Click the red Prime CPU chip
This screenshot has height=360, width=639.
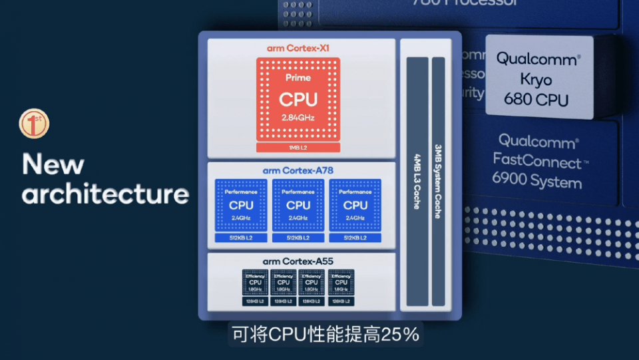pyautogui.click(x=298, y=98)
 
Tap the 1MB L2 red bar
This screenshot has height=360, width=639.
pyautogui.click(x=298, y=147)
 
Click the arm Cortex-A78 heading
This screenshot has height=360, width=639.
pyautogui.click(x=298, y=170)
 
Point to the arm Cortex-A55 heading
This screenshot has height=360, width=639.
pyautogui.click(x=298, y=261)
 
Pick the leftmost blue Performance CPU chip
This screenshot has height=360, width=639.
pyautogui.click(x=241, y=204)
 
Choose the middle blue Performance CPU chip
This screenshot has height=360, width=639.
pyautogui.click(x=298, y=204)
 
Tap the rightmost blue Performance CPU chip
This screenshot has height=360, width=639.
pyautogui.click(x=355, y=204)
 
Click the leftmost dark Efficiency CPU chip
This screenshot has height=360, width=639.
pyautogui.click(x=256, y=282)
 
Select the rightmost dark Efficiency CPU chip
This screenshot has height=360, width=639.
pyautogui.click(x=341, y=282)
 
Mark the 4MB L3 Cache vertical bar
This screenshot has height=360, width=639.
pyautogui.click(x=417, y=181)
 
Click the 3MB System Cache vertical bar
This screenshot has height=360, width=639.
pyautogui.click(x=438, y=181)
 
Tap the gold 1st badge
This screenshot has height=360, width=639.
pyautogui.click(x=33, y=124)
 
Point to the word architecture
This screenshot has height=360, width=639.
pyautogui.click(x=105, y=194)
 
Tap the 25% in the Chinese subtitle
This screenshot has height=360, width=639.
pyautogui.click(x=399, y=334)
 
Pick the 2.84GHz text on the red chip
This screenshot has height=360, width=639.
pyautogui.click(x=298, y=118)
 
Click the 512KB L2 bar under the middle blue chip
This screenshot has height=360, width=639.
pyautogui.click(x=298, y=238)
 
